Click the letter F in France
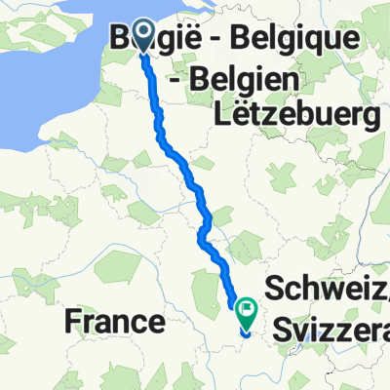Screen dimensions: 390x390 point(71,322)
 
